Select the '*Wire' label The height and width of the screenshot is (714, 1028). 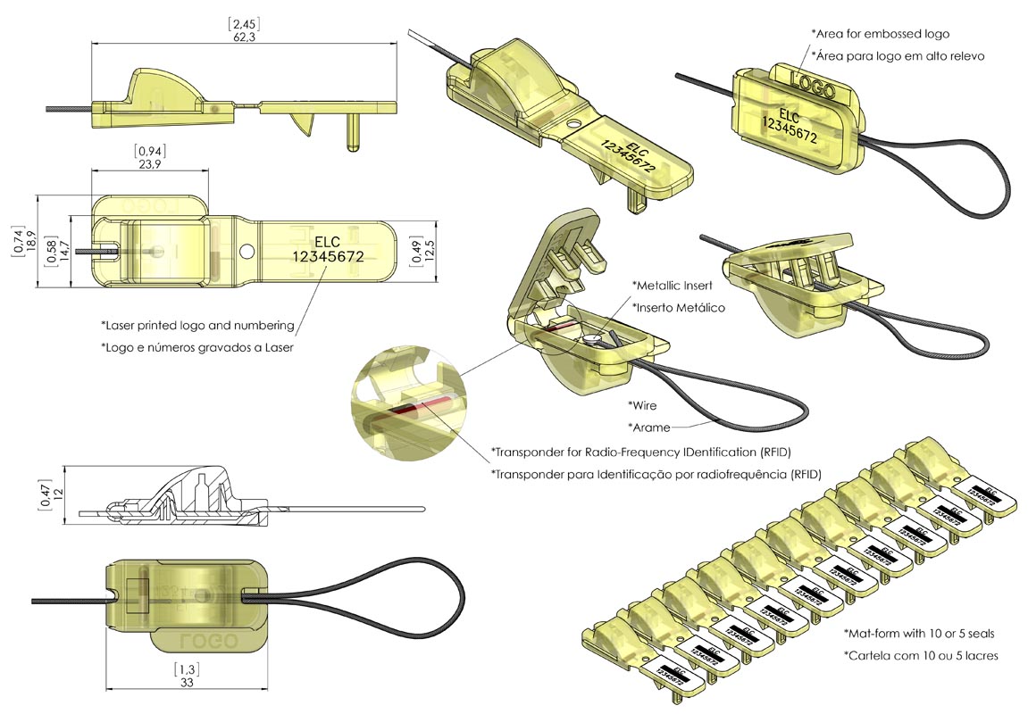[x=642, y=405]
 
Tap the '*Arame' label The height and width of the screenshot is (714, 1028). [x=648, y=427]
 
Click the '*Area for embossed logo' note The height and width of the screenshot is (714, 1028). [x=880, y=34]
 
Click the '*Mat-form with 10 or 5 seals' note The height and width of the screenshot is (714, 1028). [x=919, y=634]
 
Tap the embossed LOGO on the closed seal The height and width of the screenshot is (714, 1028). [x=813, y=87]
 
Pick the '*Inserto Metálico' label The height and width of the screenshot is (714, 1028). [x=678, y=307]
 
